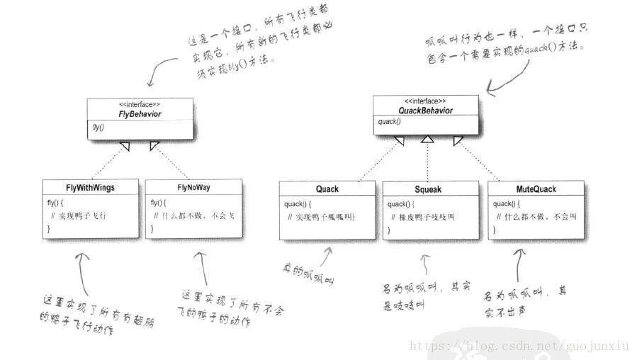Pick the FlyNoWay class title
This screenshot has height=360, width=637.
[x=193, y=188]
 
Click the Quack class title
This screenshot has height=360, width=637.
[x=327, y=189]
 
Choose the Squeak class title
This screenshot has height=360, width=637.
[x=428, y=189]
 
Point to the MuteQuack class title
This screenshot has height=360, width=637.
[x=536, y=189]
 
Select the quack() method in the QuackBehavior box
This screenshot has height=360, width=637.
[x=389, y=121]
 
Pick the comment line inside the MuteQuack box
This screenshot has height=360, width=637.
[x=536, y=216]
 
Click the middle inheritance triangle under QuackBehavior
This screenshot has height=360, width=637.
[x=427, y=141]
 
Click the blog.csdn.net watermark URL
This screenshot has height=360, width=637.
[x=519, y=346]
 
